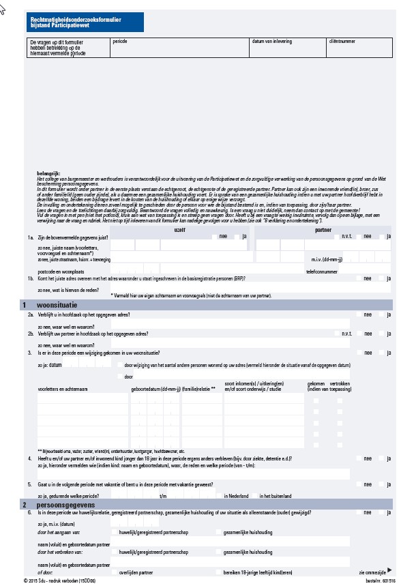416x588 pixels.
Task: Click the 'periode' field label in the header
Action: [x=119, y=42]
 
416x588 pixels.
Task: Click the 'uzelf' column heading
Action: [x=180, y=230]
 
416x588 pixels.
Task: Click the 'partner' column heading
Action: [x=323, y=230]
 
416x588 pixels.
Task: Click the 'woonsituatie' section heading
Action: [x=61, y=305]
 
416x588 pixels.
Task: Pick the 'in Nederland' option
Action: [x=220, y=496]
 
